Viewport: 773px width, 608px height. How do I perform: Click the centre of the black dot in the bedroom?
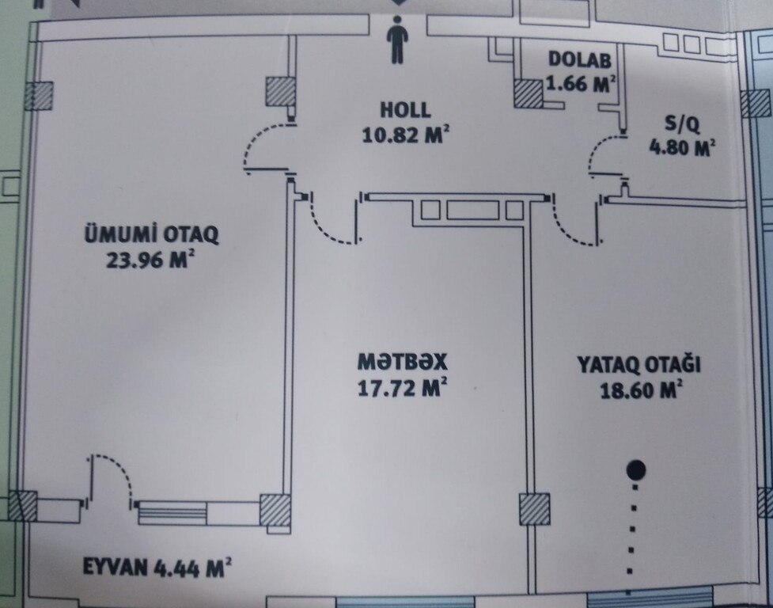[x=635, y=470]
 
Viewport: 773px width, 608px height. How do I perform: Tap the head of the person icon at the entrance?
[x=397, y=21]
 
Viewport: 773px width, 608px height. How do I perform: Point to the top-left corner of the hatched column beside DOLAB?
[x=514, y=81]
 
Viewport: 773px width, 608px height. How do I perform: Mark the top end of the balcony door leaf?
[x=93, y=457]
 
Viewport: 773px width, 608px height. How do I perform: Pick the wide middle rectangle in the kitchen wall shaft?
[x=473, y=210]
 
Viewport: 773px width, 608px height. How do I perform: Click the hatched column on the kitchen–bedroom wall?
[x=534, y=509]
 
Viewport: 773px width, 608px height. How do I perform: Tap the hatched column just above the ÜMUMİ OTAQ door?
[x=281, y=91]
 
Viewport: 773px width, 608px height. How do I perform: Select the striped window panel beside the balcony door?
[x=172, y=512]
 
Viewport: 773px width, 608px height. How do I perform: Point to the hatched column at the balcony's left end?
[x=23, y=506]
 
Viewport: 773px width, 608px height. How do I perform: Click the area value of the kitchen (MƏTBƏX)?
[x=402, y=388]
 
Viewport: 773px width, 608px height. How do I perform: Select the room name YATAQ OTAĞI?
[x=639, y=365]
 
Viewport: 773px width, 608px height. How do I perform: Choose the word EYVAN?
[x=116, y=567]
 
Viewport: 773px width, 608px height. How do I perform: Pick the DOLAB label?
[x=580, y=59]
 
